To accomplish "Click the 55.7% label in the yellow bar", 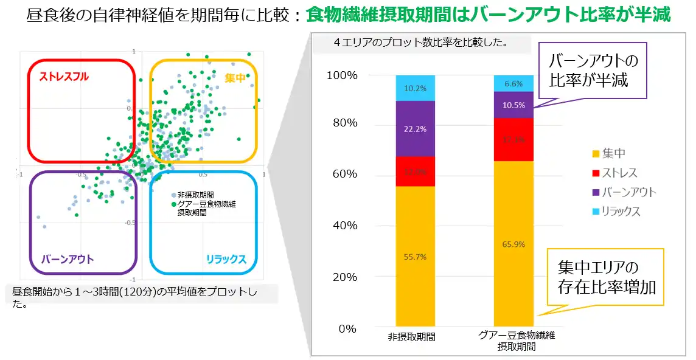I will coord(416,257).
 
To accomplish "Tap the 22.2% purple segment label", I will coord(416,129).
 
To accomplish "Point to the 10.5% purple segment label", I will coord(513,105).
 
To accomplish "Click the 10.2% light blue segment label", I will coord(416,88).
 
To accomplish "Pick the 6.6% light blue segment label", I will coord(513,84).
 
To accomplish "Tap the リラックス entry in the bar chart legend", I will coord(621,212).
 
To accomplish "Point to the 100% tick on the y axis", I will coord(342,75).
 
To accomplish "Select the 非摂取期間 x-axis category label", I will coord(415,336).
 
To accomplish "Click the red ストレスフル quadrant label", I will coord(64,77).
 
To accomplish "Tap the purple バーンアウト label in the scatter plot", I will coord(68,260).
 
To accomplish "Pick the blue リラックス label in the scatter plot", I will coord(226,260).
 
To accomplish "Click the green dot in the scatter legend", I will coord(174,204).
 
